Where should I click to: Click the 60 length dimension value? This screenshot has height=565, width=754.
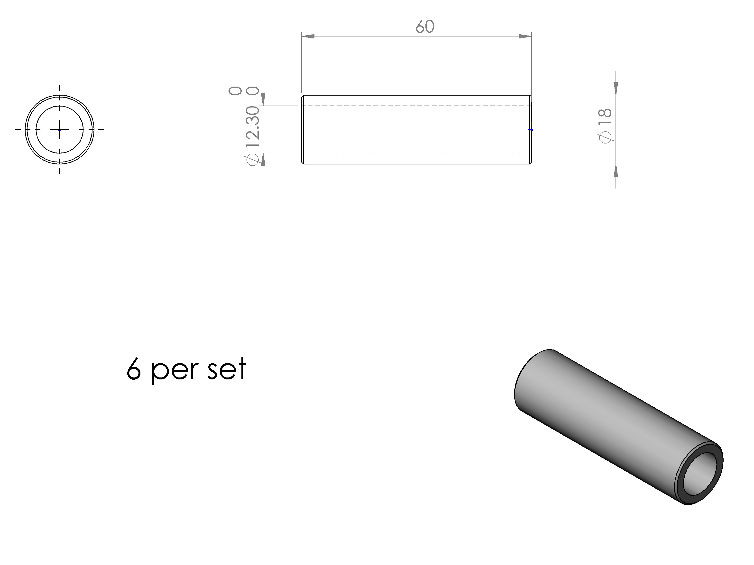point(425,27)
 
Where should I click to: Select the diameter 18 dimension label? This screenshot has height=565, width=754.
point(605,126)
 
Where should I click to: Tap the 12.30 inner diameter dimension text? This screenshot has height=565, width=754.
point(253,126)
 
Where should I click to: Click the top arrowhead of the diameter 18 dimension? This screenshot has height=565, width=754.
point(616,89)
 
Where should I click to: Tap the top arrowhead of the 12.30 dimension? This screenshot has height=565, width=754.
point(263,99)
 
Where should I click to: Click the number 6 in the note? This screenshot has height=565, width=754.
point(134,368)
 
